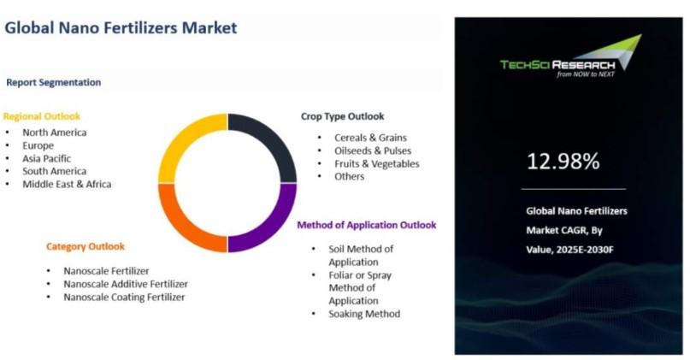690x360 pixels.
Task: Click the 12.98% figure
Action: [x=563, y=162]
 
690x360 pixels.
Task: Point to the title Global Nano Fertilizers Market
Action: [x=121, y=27]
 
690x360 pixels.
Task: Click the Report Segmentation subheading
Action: [x=53, y=82]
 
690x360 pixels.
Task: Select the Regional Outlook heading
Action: [x=42, y=116]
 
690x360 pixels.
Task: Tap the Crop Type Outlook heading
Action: [x=342, y=116]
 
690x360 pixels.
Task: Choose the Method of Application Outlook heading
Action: [x=367, y=225]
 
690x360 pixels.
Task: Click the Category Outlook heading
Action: [x=86, y=246]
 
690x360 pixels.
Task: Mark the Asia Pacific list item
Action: [x=47, y=158]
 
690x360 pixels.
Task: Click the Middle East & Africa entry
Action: [x=67, y=184]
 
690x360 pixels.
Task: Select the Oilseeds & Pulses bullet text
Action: [x=373, y=150]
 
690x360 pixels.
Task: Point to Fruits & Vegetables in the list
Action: [x=377, y=163]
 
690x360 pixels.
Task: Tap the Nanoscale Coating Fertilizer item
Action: [x=124, y=297]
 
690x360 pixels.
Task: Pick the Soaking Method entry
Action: [x=364, y=314]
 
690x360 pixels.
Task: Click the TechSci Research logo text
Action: [x=557, y=65]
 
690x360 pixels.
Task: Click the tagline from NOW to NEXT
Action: [x=586, y=74]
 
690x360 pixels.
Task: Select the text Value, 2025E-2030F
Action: [x=569, y=250]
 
